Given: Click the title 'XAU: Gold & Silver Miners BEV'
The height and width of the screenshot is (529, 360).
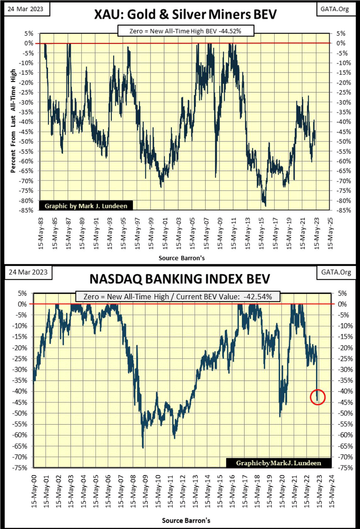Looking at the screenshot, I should pos(185,14).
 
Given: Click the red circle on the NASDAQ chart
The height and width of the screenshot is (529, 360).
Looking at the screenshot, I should pos(318,397).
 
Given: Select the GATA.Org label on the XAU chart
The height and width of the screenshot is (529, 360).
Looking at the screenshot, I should pos(334,9).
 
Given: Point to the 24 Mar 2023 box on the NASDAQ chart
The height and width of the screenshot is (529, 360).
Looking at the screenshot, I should pos(28,272).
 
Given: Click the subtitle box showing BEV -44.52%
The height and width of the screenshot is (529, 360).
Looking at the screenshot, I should pos(185,31).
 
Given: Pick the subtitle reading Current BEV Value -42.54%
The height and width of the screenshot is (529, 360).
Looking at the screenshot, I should pos(178,296).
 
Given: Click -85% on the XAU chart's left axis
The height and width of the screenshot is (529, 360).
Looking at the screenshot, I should pos(28,210).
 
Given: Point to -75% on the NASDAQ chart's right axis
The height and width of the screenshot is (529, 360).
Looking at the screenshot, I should pos(342,468).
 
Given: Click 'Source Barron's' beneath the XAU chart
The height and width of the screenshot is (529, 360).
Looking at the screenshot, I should pos(182,258).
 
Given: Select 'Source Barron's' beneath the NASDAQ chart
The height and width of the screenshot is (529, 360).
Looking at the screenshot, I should pos(186,520).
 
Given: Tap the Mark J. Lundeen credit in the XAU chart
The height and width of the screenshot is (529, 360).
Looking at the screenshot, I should pos(86,206).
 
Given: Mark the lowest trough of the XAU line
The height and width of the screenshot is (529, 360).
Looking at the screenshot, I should pos(265,206).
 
